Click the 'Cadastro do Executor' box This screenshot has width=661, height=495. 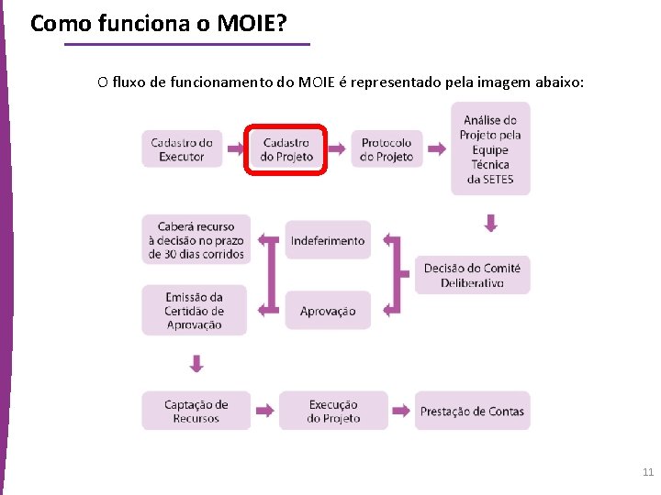point(182,148)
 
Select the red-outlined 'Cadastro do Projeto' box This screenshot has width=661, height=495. point(286,149)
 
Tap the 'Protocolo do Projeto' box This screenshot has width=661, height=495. point(387,149)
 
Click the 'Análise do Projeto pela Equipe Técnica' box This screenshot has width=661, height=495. point(490,148)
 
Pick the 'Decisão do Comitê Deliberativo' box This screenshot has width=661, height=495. point(472,275)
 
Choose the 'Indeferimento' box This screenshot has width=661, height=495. point(328,240)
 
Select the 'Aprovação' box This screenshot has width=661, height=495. point(328,311)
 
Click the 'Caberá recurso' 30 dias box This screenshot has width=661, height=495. point(196,239)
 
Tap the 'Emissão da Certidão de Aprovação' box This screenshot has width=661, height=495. point(195,311)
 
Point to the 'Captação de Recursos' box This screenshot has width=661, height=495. point(196,411)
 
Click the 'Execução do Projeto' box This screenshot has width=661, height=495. point(333,411)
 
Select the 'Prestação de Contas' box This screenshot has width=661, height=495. point(472,411)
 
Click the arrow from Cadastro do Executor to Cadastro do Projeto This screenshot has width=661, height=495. point(234,148)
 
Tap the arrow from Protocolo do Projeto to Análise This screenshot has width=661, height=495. point(437,148)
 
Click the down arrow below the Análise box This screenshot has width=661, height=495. point(491,223)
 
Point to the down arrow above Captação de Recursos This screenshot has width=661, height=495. point(196,364)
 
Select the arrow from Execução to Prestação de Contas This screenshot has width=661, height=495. point(402,411)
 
